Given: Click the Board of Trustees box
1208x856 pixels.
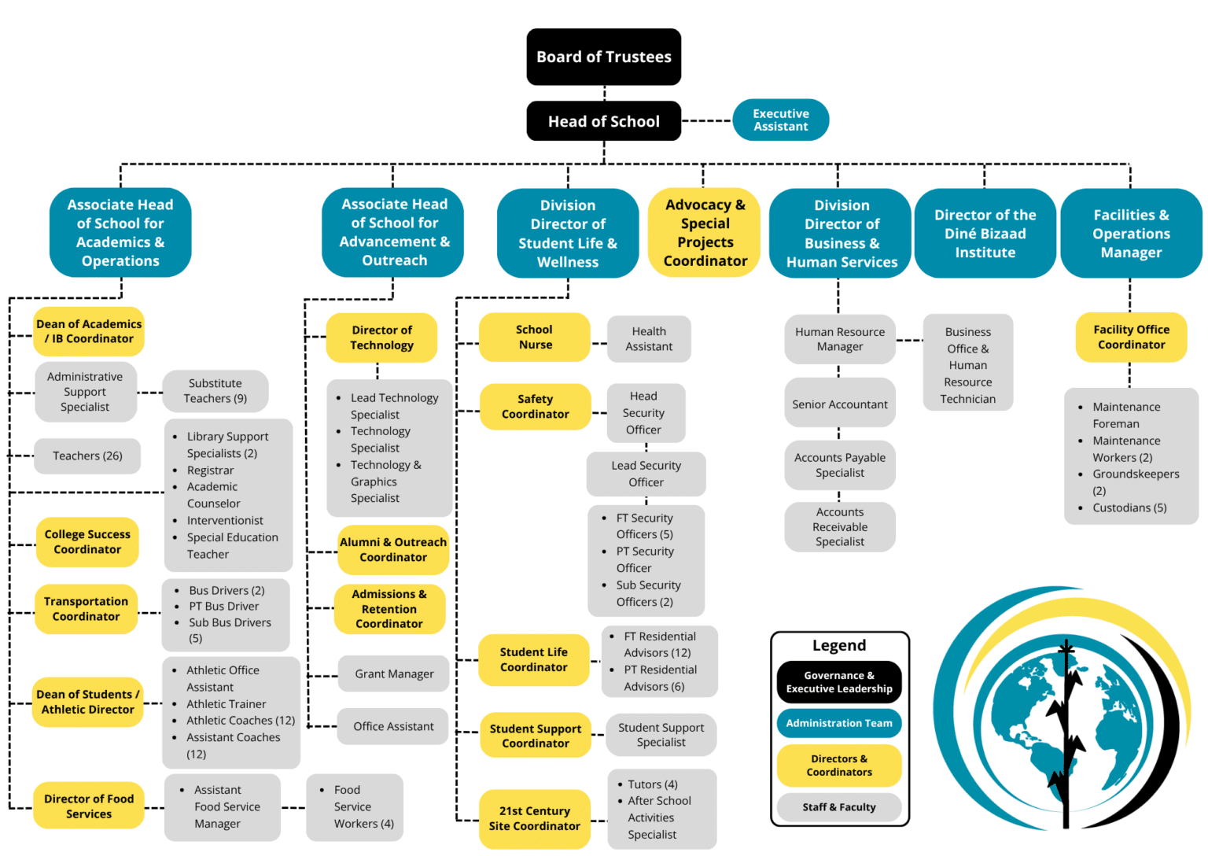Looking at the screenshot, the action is pos(603,57).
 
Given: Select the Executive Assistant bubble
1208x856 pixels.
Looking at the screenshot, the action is pos(780,120).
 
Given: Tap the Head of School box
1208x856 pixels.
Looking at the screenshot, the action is pos(603,121).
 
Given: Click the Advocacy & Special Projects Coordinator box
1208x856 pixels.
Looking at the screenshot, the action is pos(705,232).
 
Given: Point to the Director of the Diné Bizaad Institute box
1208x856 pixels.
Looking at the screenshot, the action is pos(985,233).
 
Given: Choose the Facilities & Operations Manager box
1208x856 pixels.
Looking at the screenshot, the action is pos(1131,233).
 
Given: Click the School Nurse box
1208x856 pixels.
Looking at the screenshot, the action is pos(535,337).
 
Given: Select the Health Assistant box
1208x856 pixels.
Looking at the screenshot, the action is pos(649,339).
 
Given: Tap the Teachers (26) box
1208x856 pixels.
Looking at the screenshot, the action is pos(87,456).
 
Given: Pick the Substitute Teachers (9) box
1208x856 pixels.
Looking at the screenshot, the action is pos(215,391).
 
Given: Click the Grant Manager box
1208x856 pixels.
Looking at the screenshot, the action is pos(394,673).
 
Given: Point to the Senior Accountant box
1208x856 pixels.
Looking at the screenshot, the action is pos(840,404).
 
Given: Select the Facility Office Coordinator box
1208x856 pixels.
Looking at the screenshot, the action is pos(1131,337).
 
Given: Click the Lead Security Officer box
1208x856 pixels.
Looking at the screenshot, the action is pos(646,474).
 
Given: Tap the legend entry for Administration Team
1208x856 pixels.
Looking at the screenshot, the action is pos(839,723).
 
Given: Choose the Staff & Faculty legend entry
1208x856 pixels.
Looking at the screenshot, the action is pos(839,807).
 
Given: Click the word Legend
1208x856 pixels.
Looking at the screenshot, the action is pos(839,645).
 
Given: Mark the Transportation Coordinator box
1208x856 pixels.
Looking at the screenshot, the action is pos(87,609).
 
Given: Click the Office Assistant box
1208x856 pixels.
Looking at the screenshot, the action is pos(393,726).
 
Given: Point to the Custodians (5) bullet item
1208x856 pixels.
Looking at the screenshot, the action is pos(1129,507).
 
